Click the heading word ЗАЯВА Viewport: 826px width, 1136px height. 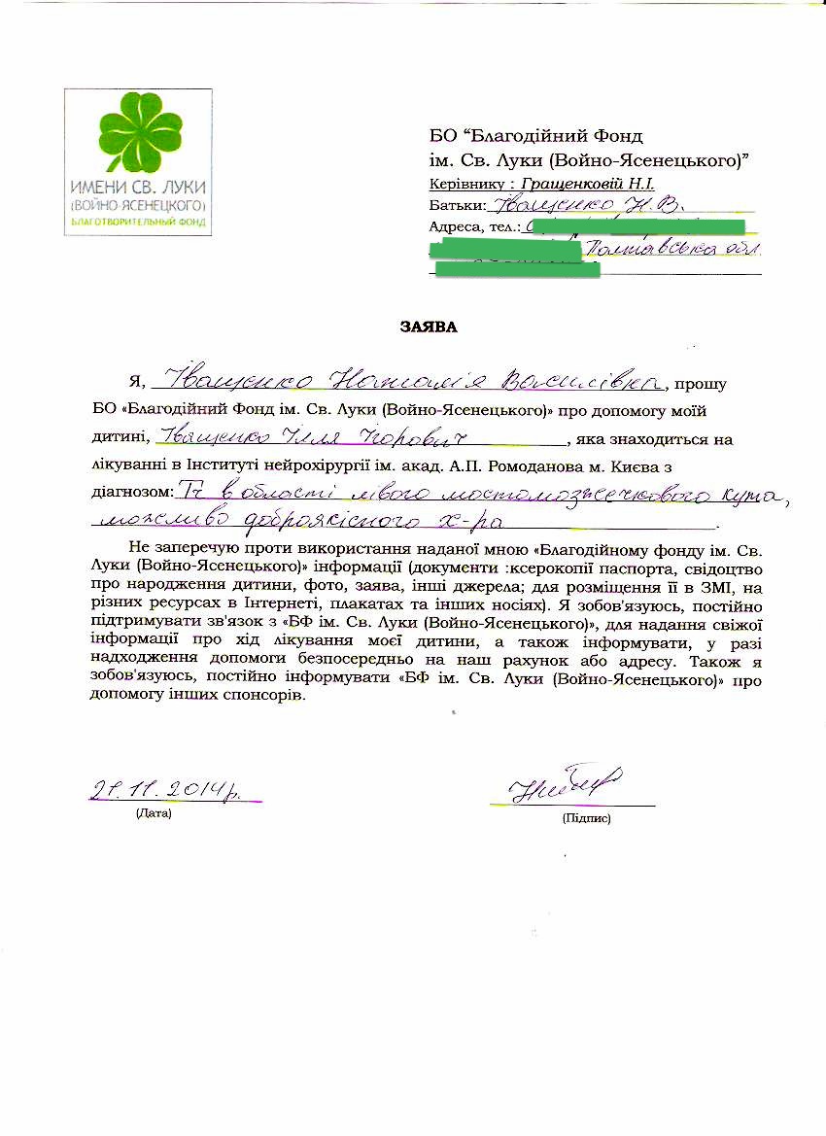(429, 327)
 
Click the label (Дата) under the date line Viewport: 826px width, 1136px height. (154, 812)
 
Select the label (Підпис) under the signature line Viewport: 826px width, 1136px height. (586, 818)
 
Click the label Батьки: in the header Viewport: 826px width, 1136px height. (457, 205)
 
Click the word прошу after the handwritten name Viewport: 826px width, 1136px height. (706, 384)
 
